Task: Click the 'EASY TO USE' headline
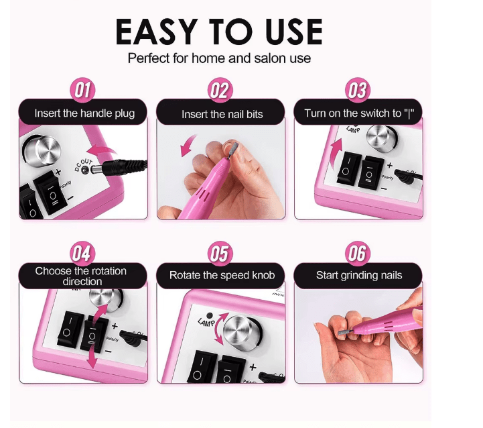pos(218,32)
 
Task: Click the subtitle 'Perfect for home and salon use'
pos(219,58)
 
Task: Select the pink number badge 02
pos(219,91)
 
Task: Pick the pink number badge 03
pos(358,91)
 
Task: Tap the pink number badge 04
pos(81,254)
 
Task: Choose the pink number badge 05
pos(219,254)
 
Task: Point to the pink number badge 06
pos(358,254)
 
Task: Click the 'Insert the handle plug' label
pos(84,113)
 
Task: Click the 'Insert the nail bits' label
pos(222,114)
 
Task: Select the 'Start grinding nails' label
pos(359,275)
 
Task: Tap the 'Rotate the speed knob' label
pos(222,275)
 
